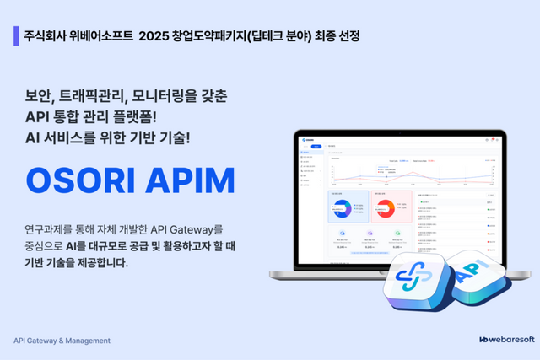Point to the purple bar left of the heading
17,37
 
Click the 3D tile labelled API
483,282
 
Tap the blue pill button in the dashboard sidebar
316,146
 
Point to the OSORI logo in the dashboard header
312,139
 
